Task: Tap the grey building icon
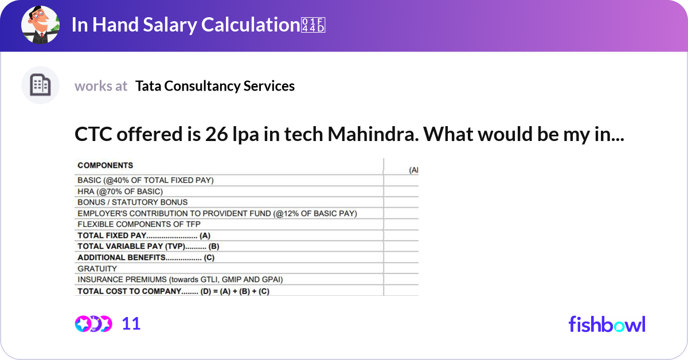40,85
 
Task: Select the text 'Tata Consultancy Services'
215,86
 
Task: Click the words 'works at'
101,86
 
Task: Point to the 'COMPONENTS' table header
105,165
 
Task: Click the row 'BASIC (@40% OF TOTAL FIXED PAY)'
146,180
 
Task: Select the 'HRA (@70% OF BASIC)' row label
120,191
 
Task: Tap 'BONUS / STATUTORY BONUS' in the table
132,202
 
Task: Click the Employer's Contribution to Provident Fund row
217,213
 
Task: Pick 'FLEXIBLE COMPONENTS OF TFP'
139,224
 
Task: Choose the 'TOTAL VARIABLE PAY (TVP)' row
148,246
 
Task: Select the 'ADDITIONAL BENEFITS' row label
146,257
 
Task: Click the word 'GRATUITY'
97,268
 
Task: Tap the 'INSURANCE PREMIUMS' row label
180,280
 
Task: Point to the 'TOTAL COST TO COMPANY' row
173,291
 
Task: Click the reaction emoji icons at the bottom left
93,324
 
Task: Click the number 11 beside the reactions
131,324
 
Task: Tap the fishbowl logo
607,324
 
